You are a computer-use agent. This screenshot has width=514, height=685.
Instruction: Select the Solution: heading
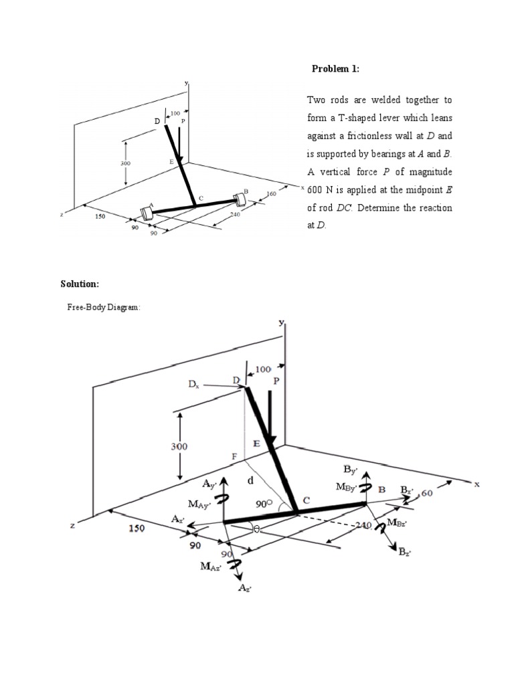point(80,284)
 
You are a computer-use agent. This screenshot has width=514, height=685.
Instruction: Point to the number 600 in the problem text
point(317,190)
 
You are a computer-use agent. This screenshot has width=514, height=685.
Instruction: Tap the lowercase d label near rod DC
point(250,480)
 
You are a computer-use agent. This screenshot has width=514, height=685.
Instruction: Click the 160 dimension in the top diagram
point(272,194)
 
